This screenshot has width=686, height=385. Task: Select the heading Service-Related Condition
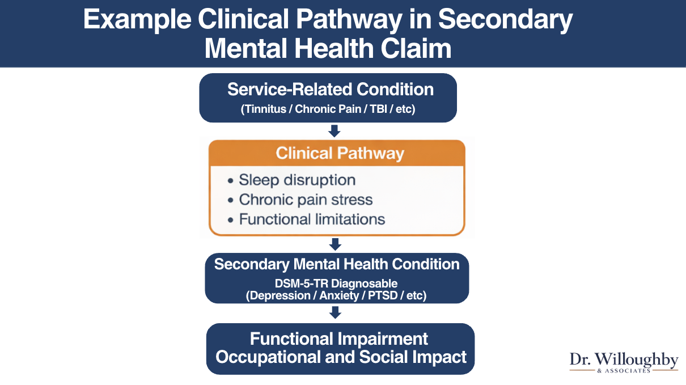click(x=331, y=90)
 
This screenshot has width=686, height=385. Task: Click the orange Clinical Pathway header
click(x=340, y=153)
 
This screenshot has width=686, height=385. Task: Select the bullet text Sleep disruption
click(x=297, y=180)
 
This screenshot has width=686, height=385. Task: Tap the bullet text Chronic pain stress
click(x=306, y=200)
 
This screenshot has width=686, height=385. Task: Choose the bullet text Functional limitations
click(x=312, y=219)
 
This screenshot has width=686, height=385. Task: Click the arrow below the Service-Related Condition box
click(x=334, y=131)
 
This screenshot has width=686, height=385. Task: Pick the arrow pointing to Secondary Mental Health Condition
click(x=335, y=244)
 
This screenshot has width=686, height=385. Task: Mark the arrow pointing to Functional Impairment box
click(x=335, y=312)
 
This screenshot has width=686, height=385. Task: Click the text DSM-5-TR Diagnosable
click(x=337, y=283)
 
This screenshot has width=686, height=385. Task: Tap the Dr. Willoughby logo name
click(x=624, y=359)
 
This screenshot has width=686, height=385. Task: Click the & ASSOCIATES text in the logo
click(x=624, y=371)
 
